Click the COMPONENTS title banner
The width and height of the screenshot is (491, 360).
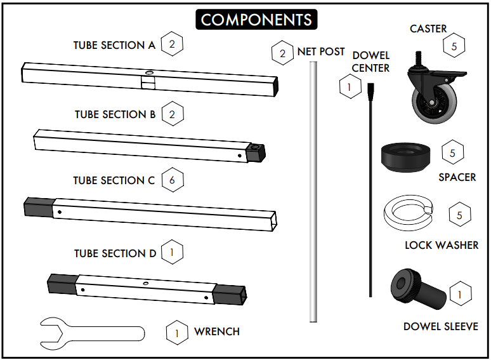(256, 19)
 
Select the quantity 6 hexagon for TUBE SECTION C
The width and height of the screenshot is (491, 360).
(172, 180)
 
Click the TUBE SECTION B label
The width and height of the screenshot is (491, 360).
(115, 114)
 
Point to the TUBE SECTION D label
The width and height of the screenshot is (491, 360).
(115, 253)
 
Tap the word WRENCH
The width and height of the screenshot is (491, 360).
(217, 331)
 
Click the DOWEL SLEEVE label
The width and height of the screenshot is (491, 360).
(440, 326)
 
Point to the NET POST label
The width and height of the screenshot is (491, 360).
(321, 51)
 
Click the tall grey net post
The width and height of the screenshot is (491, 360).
(312, 190)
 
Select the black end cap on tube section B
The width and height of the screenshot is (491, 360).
(256, 153)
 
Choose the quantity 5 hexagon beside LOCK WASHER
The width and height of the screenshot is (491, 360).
(460, 215)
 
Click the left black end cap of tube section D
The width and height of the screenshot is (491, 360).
(62, 284)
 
